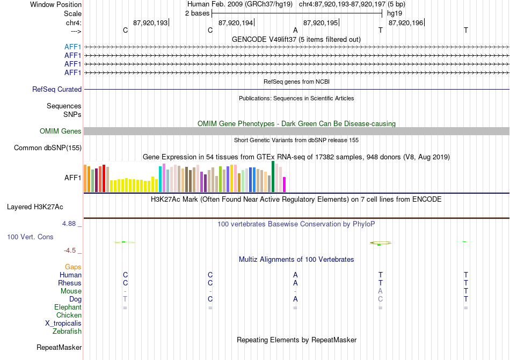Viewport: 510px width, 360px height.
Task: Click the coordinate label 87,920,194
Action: point(236,23)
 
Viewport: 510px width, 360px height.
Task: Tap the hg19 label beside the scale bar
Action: point(395,13)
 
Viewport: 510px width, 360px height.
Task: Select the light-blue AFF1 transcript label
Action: point(72,47)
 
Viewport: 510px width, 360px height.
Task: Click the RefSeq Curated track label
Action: point(57,90)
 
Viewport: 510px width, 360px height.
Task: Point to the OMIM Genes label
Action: point(61,131)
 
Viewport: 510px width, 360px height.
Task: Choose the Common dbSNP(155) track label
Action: point(48,148)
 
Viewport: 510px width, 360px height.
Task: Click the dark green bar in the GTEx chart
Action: point(273,177)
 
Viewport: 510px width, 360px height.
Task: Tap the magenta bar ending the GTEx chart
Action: point(285,185)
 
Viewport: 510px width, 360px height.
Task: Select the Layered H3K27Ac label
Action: point(35,207)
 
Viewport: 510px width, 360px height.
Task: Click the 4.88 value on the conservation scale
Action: point(69,224)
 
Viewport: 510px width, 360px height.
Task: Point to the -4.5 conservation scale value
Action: point(70,251)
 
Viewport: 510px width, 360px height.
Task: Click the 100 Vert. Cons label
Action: point(30,237)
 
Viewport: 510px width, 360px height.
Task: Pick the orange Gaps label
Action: point(73,267)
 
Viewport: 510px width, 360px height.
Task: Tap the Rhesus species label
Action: point(70,283)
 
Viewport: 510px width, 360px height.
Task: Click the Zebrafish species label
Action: point(67,332)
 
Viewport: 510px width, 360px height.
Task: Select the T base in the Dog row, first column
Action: point(125,299)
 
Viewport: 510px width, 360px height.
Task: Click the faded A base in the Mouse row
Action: point(380,291)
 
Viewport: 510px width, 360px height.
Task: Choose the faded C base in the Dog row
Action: point(380,299)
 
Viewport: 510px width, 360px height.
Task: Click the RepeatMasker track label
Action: point(59,347)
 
